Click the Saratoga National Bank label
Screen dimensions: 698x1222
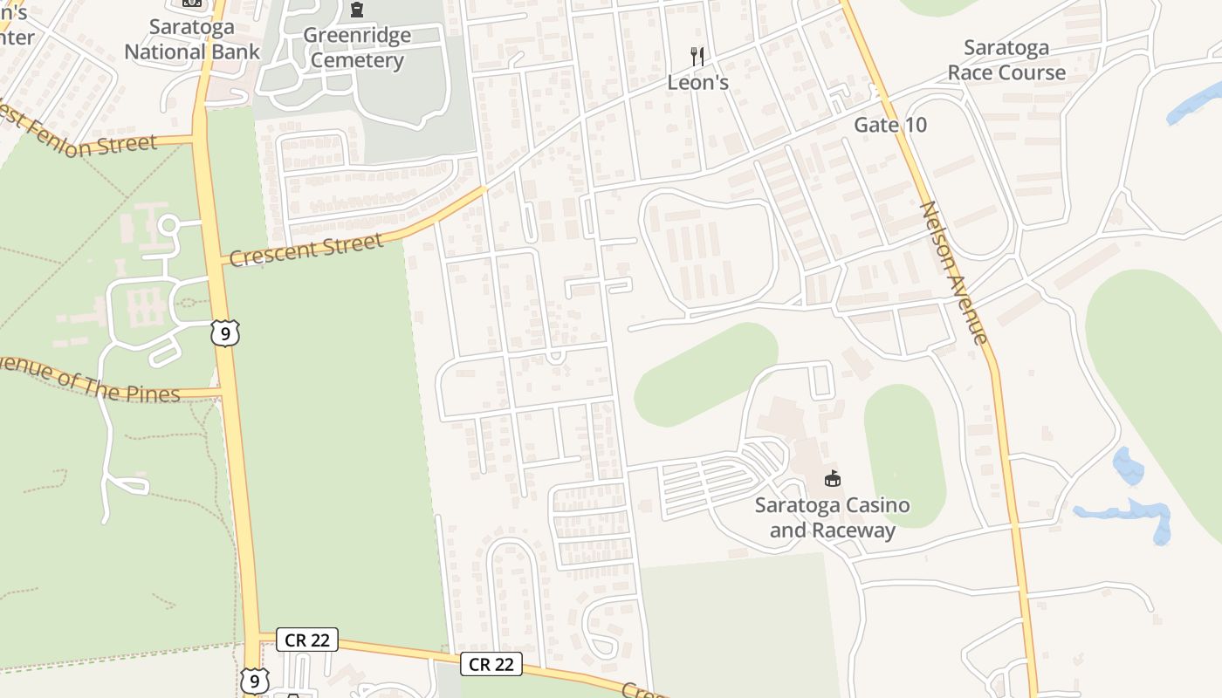click(192, 39)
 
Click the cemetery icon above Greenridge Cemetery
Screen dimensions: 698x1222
click(356, 10)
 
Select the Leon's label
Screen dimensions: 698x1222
click(697, 83)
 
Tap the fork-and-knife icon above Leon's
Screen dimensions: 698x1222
click(697, 57)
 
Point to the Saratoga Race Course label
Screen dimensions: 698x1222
click(1007, 59)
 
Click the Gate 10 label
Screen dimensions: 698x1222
click(890, 125)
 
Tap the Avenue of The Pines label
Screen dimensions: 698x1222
click(87, 381)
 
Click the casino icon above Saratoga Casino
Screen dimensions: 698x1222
click(833, 478)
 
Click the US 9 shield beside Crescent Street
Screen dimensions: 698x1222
click(224, 333)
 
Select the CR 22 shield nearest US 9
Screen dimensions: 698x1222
click(307, 640)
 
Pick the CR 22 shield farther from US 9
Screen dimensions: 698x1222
click(491, 664)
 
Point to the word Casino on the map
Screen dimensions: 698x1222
click(868, 505)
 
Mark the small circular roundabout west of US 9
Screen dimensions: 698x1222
click(168, 226)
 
